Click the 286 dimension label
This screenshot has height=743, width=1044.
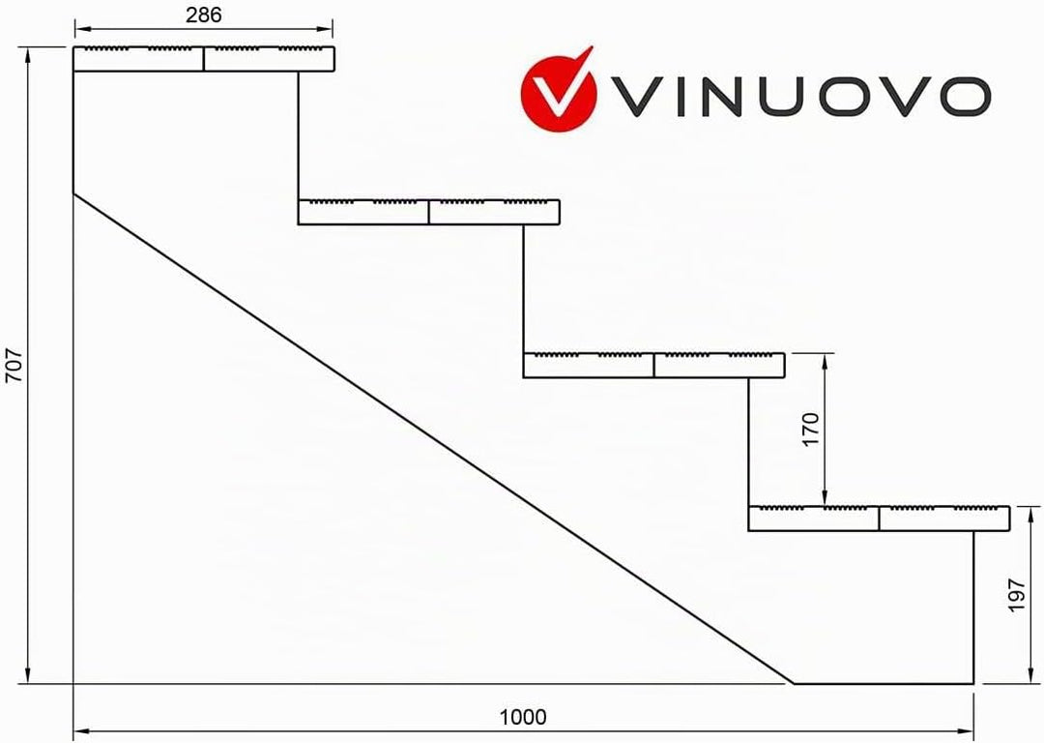[203, 15]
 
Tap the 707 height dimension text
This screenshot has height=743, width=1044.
[14, 366]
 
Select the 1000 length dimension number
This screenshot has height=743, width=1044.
[523, 717]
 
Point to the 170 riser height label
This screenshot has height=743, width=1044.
[810, 430]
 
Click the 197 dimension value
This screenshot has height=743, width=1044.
[1016, 595]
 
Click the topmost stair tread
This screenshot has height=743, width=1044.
[204, 59]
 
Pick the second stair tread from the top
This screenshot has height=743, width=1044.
[429, 212]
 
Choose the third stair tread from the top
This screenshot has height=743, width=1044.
[653, 365]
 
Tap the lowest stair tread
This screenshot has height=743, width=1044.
[879, 519]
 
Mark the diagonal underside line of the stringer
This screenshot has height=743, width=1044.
[433, 438]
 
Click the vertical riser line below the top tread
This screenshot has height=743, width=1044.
[299, 135]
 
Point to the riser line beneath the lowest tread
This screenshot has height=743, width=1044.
[973, 607]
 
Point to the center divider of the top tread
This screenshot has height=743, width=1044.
[204, 59]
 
